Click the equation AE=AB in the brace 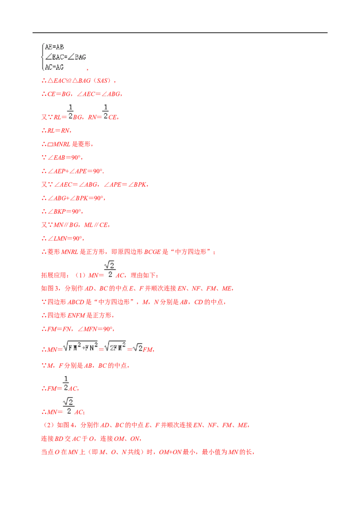point(54,47)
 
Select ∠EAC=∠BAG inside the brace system point(65,57)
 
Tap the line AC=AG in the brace point(54,67)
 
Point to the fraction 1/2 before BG point(71,112)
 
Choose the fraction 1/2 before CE point(105,112)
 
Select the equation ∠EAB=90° point(64,157)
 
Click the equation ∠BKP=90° point(64,212)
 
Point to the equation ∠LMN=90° point(64,239)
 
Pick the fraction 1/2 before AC point(66,384)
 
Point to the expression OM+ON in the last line point(170,452)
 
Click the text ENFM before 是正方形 point(76,316)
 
